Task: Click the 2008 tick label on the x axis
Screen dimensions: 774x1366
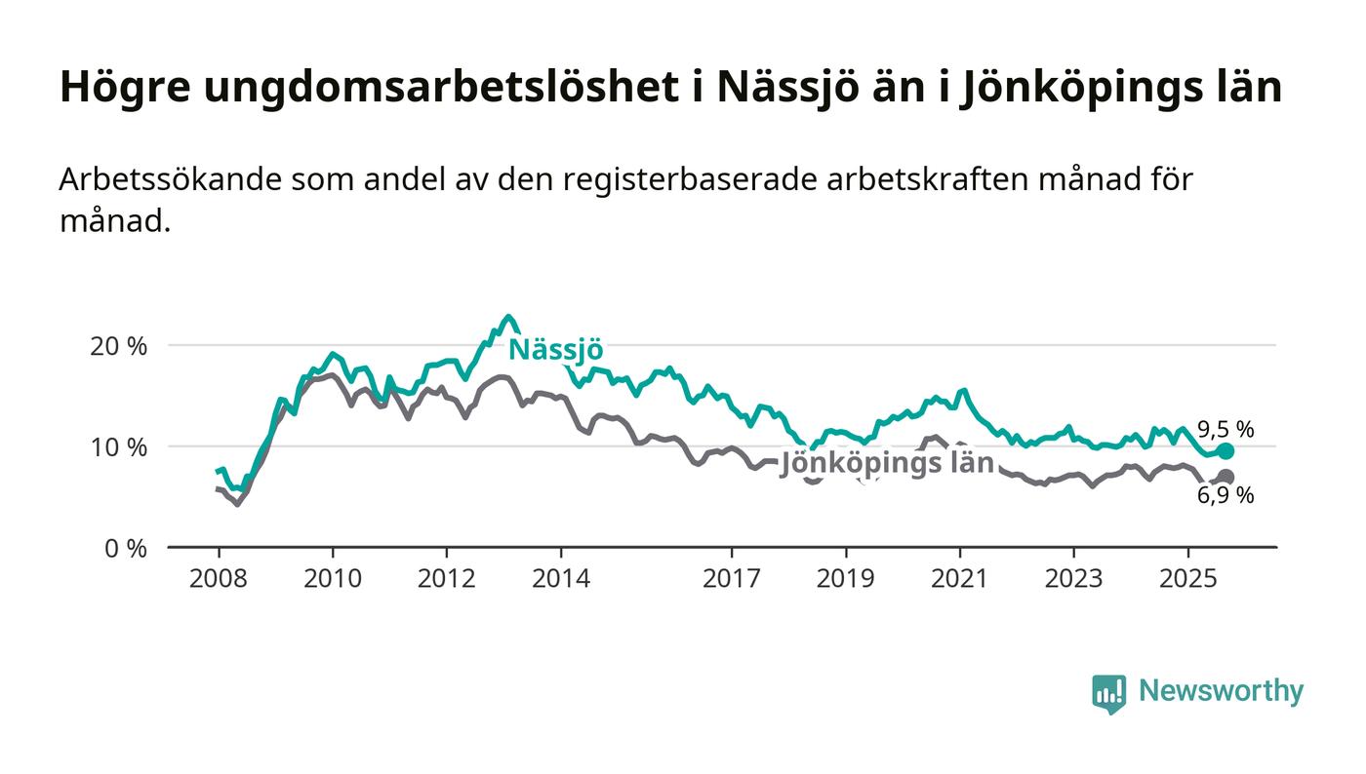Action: (219, 578)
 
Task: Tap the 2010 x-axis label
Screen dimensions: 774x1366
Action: (333, 578)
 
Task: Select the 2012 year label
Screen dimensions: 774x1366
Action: (447, 578)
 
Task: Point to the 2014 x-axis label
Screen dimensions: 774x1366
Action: (561, 578)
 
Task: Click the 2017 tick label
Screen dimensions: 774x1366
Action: (732, 578)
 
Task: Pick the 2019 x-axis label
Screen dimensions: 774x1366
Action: (846, 578)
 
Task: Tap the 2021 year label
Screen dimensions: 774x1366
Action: (960, 578)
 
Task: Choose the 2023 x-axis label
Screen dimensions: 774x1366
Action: (1074, 578)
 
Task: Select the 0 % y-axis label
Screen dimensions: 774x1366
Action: (127, 549)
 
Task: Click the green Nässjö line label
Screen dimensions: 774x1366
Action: (556, 349)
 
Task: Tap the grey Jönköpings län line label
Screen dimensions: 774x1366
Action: (887, 463)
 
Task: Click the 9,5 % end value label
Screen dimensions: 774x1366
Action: (1225, 429)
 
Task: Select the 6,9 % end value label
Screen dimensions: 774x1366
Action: (1225, 495)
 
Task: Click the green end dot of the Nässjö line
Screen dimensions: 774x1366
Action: (1225, 451)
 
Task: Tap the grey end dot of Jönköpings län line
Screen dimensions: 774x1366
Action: (1225, 478)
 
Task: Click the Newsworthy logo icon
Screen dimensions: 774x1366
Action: (1108, 693)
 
